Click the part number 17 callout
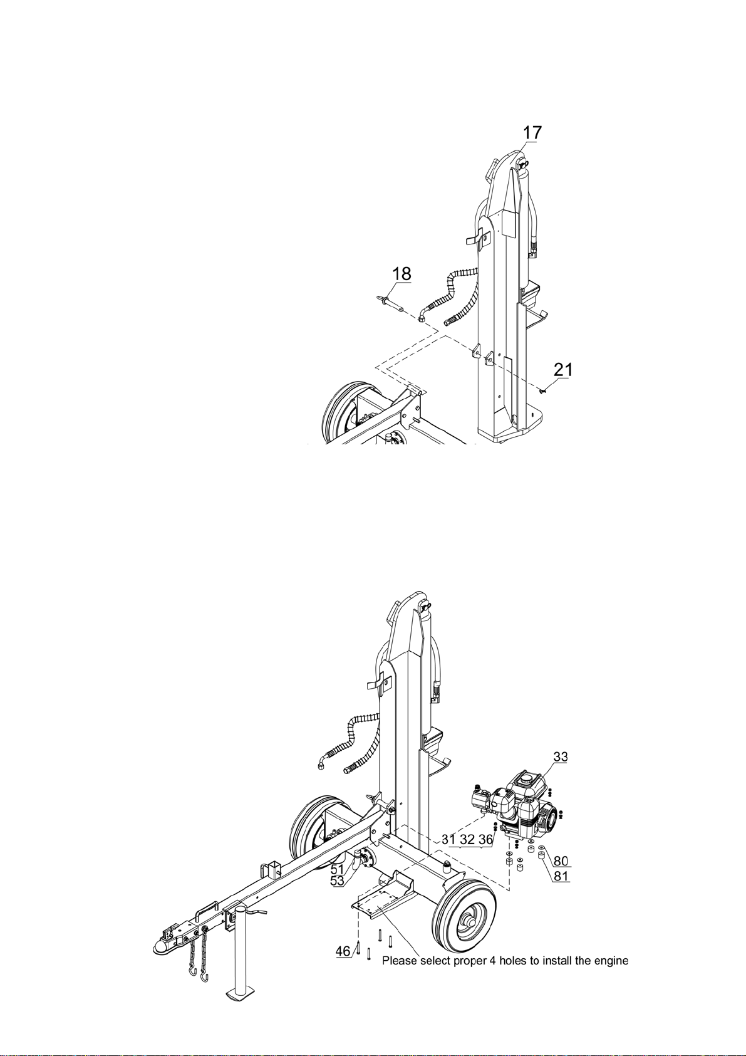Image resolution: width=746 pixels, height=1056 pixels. (x=532, y=132)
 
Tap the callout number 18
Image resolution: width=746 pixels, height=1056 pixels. (x=401, y=273)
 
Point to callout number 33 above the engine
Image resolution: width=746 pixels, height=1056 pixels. (x=561, y=756)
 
